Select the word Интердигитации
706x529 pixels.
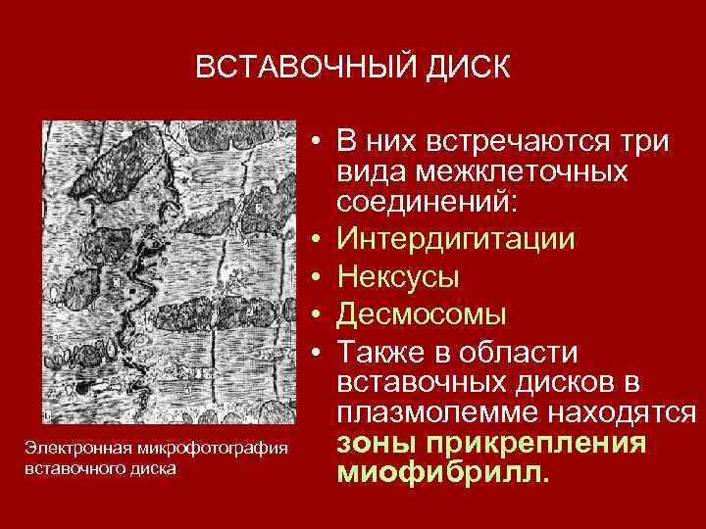[x=455, y=239]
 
